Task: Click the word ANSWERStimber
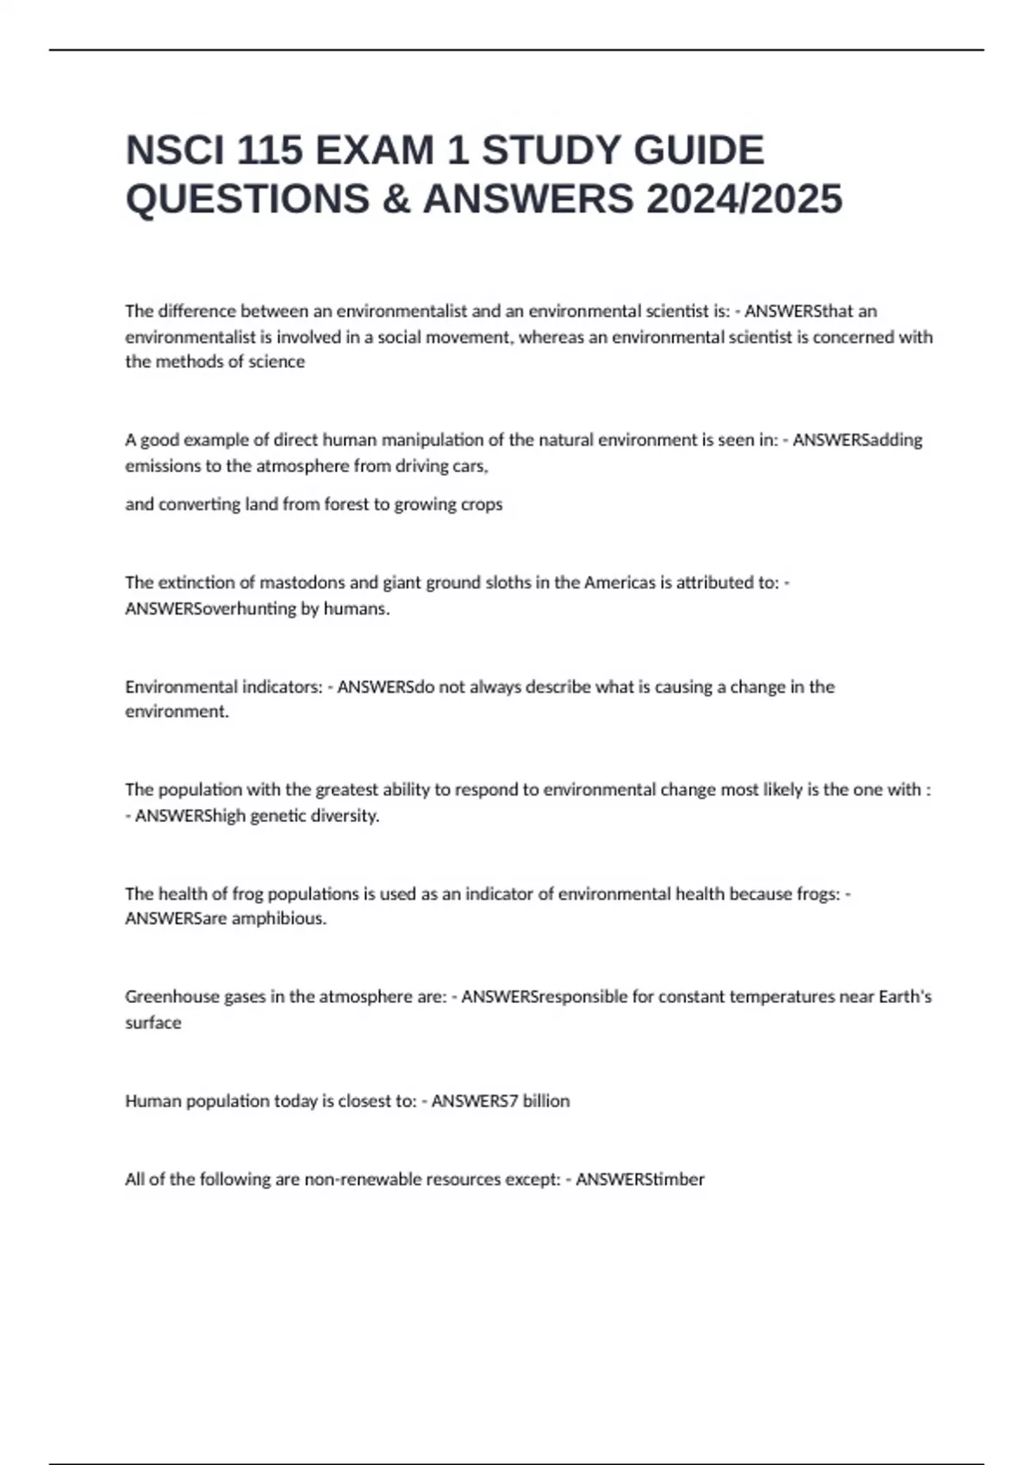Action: click(x=639, y=1179)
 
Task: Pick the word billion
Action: click(x=545, y=1100)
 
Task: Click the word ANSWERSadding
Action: click(x=857, y=440)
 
